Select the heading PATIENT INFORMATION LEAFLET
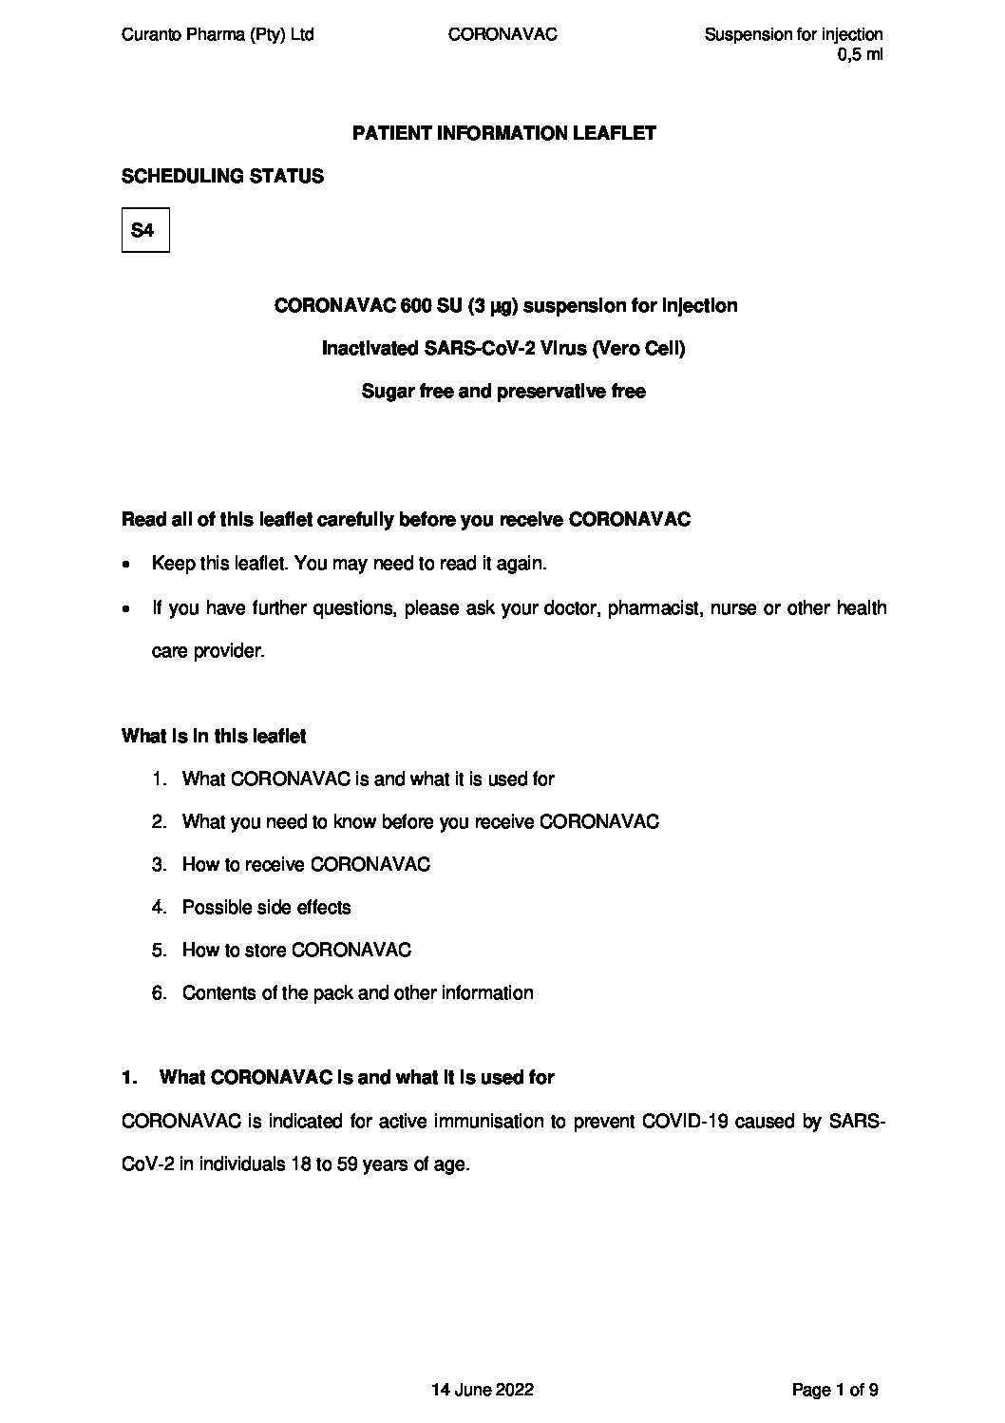pos(503,133)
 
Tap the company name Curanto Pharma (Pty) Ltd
pos(218,35)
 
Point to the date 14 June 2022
pos(483,1390)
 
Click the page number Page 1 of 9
pos(835,1390)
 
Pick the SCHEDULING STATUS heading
pos(222,177)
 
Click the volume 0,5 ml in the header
pos(861,55)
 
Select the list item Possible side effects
pos(266,907)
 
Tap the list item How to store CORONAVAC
pos(296,950)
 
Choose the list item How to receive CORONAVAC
pos(306,864)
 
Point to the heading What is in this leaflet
pos(214,736)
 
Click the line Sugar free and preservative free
pos(503,392)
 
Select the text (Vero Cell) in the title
pos(637,349)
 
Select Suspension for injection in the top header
pos(793,35)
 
